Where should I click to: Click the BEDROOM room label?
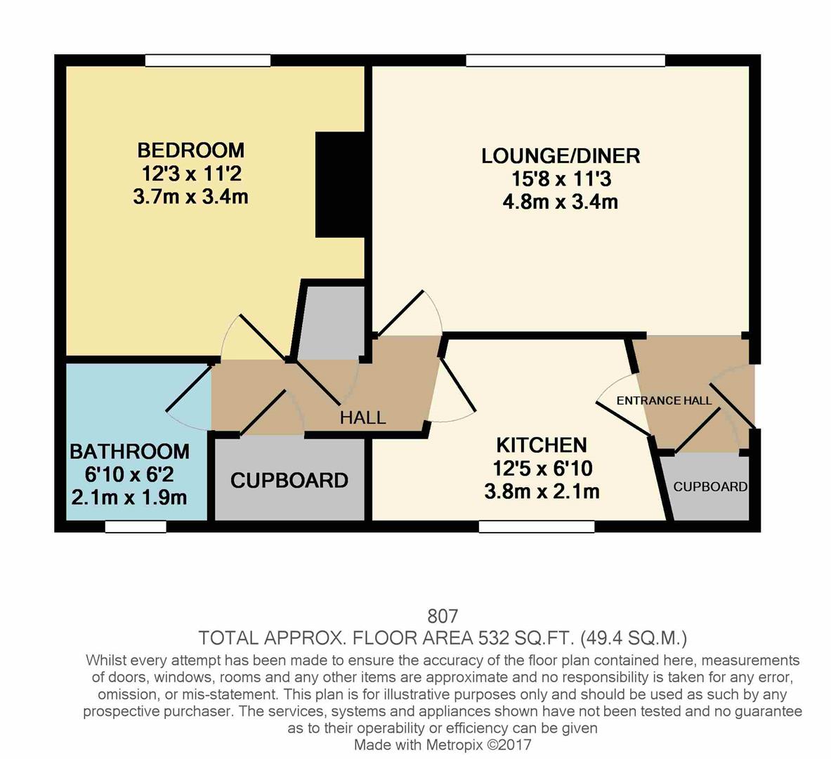pos(190,150)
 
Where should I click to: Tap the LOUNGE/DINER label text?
pos(560,156)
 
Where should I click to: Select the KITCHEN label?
pos(541,445)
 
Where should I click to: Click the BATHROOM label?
pos(129,451)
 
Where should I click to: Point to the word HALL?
pos(362,417)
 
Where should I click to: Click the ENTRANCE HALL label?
pos(664,401)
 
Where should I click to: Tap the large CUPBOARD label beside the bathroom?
pos(289,481)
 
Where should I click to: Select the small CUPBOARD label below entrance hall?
pos(709,487)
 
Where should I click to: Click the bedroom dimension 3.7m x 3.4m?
pos(190,197)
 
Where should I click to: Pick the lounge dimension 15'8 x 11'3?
pos(560,179)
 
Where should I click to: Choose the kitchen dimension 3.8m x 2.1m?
pos(542,491)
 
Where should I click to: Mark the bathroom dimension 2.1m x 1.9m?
pos(129,498)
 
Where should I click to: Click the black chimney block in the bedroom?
pos(340,184)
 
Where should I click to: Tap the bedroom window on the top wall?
pos(208,61)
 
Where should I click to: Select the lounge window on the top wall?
pos(565,61)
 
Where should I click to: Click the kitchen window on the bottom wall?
pos(537,526)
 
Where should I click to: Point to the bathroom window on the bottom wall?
pos(136,526)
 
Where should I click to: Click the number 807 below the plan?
pos(443,616)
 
